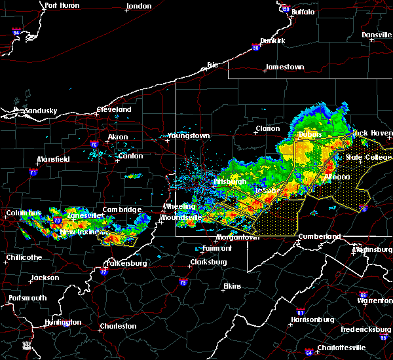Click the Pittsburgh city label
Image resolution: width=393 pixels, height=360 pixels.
pyautogui.click(x=229, y=181)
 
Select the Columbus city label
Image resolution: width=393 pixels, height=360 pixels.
pyautogui.click(x=24, y=213)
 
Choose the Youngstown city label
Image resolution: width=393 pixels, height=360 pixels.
pyautogui.click(x=189, y=135)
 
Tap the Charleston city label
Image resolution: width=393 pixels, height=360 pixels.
pyautogui.click(x=118, y=326)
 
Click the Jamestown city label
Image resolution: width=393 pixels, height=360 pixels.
pyautogui.click(x=284, y=67)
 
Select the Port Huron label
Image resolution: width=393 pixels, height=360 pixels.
pyautogui.click(x=62, y=5)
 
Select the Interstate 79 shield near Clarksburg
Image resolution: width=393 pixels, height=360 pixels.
pyautogui.click(x=181, y=283)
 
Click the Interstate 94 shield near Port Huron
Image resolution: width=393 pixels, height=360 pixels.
pyautogui.click(x=17, y=31)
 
